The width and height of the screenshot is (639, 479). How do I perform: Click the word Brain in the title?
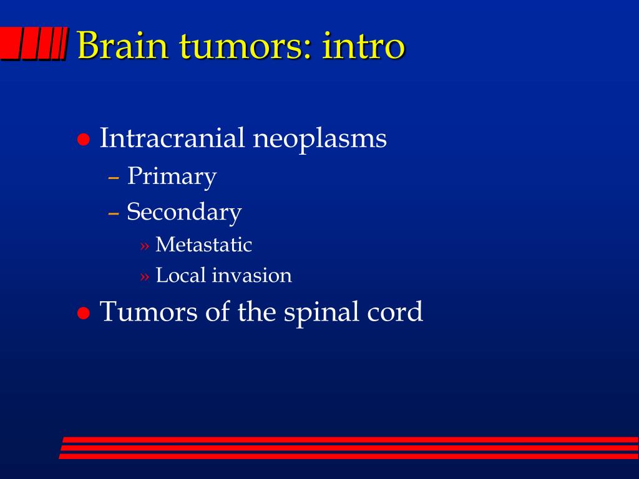point(122,45)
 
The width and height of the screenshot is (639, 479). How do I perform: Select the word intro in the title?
point(364,45)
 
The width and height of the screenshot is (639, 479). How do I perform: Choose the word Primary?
point(172,177)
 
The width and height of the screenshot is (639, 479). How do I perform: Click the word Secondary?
point(184,212)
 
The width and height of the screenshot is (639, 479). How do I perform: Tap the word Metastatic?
point(204,244)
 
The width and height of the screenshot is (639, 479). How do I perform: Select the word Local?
point(180,275)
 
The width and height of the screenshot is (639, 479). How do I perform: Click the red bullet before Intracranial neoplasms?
point(84,140)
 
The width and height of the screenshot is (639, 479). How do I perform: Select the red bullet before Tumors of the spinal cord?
point(84,314)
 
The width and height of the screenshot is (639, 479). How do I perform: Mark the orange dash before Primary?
point(114,178)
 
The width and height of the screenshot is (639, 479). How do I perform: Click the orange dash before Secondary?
point(114,213)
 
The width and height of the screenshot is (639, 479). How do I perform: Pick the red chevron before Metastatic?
point(145,246)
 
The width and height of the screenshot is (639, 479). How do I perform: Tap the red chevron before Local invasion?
point(145,276)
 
